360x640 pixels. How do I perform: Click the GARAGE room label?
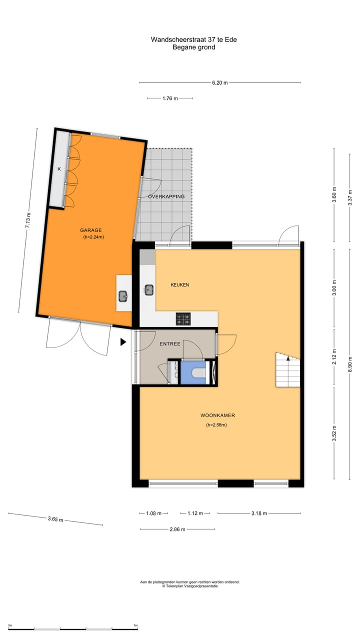91,230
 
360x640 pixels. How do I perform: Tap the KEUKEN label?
179,285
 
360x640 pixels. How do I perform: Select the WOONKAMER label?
217,415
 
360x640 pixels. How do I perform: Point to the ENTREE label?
170,344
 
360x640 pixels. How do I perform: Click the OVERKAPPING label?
166,196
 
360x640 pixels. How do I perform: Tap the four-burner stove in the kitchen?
183,318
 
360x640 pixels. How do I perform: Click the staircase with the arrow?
288,370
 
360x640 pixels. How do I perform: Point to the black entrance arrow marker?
123,342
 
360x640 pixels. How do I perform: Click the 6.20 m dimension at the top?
219,83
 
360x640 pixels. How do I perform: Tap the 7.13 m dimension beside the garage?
28,220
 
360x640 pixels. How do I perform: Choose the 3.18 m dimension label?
258,513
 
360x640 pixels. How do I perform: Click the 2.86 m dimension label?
177,529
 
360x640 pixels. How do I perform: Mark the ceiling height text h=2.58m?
216,425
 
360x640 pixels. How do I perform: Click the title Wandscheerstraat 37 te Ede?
194,39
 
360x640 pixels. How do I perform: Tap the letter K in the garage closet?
59,169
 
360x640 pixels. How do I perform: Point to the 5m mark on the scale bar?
136,625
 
